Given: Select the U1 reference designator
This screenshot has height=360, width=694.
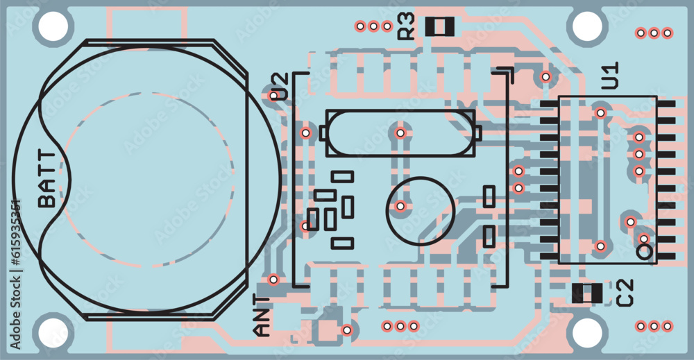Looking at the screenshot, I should coord(610,75).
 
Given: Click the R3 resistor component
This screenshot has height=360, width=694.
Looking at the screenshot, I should coord(439,27).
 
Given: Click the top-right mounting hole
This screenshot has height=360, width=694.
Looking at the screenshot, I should coord(587,26).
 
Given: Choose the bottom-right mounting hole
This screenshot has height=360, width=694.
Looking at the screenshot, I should coord(587,332).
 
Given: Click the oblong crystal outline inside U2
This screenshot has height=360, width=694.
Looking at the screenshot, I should coord(400,133).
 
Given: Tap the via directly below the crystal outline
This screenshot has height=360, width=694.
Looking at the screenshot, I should coord(400,205).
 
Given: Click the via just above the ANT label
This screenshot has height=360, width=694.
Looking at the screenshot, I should coord(273,280).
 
